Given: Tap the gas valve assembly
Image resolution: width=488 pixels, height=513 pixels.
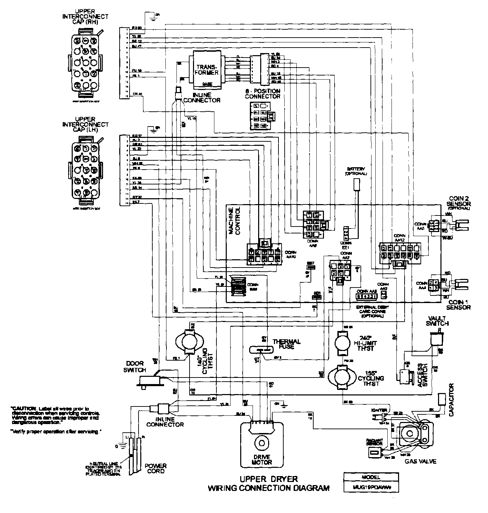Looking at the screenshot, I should click(414, 434).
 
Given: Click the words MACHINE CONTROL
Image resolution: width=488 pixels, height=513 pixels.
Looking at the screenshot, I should click(234, 221).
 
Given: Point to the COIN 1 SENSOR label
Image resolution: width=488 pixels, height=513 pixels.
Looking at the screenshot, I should click(458, 304).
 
